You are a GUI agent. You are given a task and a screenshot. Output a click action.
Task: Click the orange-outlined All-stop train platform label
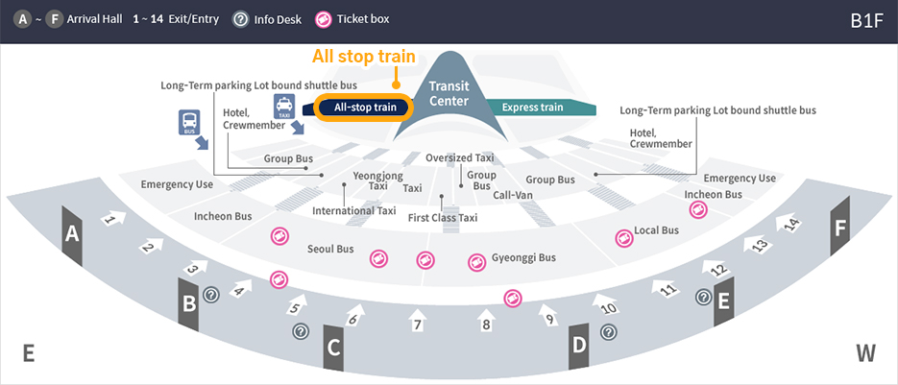(x=365, y=107)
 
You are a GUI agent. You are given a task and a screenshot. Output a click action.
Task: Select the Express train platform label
(x=532, y=107)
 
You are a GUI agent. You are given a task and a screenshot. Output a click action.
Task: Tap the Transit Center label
(x=449, y=93)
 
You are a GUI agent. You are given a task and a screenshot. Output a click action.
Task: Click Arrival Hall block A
(x=72, y=233)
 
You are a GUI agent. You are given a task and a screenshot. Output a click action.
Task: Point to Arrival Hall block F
(x=840, y=228)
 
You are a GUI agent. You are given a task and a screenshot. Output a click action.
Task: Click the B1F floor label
(x=865, y=20)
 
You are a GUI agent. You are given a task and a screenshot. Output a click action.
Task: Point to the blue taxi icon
(x=284, y=106)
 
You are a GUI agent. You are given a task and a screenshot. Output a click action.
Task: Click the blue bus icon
(x=189, y=122)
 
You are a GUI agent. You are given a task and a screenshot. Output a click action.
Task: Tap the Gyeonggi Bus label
(x=523, y=258)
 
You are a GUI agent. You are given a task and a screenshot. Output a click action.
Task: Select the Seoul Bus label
(x=330, y=250)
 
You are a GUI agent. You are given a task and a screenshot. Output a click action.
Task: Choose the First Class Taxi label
(x=442, y=218)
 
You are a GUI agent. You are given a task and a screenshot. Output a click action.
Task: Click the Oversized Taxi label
(x=459, y=157)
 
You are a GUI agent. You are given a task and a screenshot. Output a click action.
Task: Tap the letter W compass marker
(x=865, y=353)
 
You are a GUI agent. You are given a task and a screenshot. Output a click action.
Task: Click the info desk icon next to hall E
(x=704, y=298)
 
